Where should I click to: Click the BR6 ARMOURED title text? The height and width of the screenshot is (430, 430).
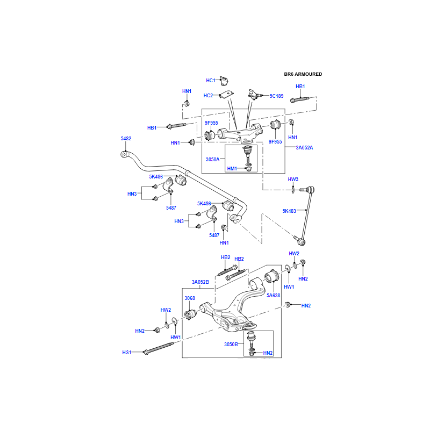click(303, 74)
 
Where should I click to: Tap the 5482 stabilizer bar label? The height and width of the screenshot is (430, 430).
click(126, 139)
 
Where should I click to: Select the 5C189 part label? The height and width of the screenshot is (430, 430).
click(276, 96)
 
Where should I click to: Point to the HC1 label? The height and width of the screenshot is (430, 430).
click(211, 80)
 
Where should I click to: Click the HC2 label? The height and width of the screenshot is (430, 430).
click(208, 96)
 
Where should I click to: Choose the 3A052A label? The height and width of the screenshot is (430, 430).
click(304, 147)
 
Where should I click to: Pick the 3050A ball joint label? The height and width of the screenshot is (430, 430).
click(212, 159)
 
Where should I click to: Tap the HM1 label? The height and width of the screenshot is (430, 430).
click(232, 169)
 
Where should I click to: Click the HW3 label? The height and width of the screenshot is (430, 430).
click(293, 180)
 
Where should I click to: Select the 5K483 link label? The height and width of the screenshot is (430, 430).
click(289, 211)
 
